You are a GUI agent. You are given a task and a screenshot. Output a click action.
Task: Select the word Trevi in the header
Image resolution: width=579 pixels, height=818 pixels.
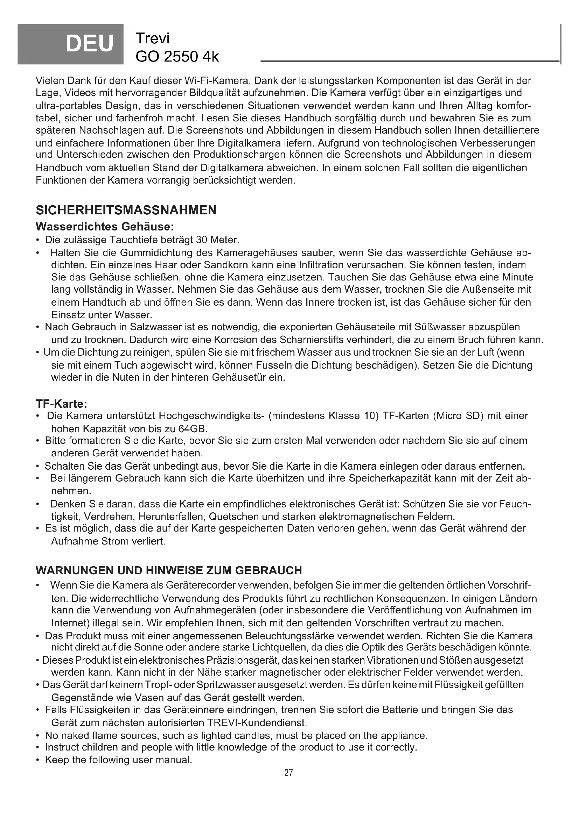point(153,38)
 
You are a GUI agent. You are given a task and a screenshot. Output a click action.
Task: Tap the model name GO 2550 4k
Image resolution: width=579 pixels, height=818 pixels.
point(177,56)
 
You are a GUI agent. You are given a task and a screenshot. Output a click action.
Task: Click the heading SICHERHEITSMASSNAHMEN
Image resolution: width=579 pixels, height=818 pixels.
point(126,210)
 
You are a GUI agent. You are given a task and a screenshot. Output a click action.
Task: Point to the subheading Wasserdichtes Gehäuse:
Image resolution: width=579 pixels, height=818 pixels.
point(105,227)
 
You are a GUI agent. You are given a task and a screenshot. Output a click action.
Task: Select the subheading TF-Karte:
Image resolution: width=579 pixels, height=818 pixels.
point(61,404)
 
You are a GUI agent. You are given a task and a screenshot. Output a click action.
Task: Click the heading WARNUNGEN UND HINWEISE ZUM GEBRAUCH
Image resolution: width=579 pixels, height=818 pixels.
point(169,570)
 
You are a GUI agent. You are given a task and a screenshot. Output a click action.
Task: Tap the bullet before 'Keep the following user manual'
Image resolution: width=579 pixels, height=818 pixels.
point(38,760)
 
